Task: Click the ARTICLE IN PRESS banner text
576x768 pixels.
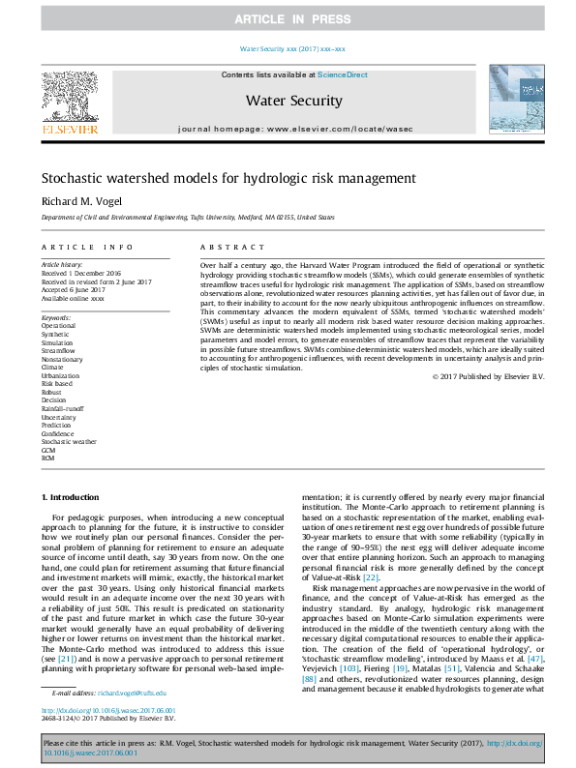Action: coord(288,19)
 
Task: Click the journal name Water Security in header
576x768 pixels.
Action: coord(293,101)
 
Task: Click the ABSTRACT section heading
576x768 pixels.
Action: coord(225,248)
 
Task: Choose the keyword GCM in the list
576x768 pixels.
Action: coord(48,451)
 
